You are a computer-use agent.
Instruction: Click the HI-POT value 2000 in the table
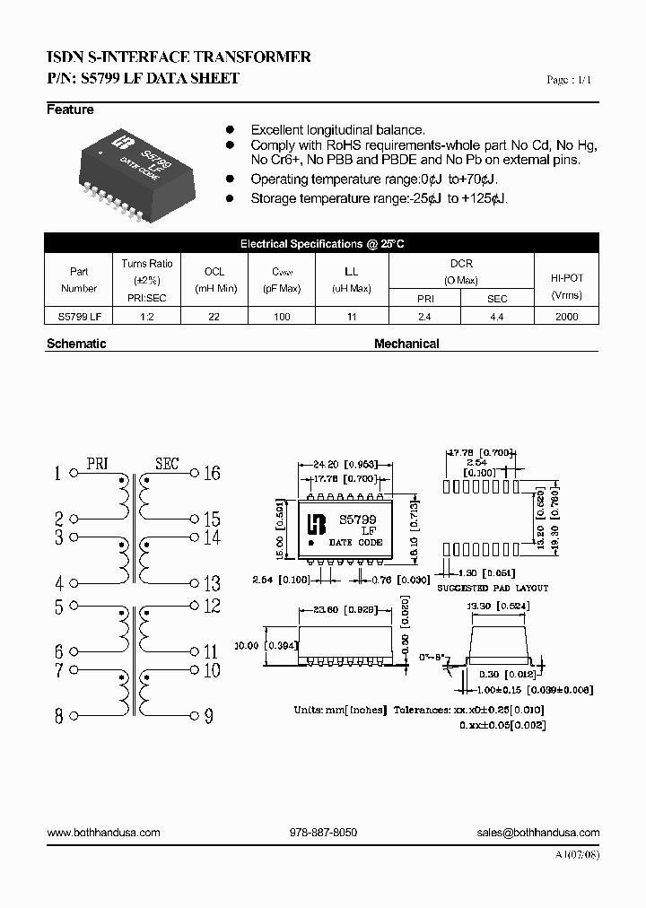566,317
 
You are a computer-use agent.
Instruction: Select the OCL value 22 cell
214,317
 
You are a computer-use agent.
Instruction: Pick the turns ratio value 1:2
147,317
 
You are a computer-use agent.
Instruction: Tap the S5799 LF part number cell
79,317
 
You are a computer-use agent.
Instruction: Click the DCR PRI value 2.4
424,317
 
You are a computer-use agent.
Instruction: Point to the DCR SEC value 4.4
497,317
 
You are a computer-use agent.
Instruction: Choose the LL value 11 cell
352,317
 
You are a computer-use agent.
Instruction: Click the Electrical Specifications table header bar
322,244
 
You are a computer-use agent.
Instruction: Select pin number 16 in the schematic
211,473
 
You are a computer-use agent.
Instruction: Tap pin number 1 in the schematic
59,474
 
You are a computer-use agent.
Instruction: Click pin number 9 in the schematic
208,716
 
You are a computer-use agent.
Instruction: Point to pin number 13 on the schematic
211,583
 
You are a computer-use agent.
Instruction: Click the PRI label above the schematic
97,464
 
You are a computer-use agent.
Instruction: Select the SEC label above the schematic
167,464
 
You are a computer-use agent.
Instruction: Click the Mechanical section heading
406,344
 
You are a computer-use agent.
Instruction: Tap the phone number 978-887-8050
323,833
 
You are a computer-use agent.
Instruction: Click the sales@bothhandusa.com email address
538,833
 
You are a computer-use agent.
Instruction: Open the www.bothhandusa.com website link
103,833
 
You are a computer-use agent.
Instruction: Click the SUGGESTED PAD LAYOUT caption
493,588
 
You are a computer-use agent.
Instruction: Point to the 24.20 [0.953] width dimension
340,465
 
